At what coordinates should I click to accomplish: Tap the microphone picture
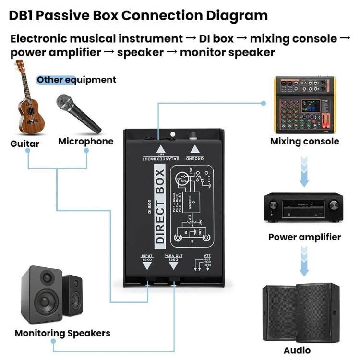[78, 113]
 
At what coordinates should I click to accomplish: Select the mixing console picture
[305, 106]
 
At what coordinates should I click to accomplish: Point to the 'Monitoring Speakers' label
[62, 333]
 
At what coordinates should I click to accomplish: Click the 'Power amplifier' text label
[304, 237]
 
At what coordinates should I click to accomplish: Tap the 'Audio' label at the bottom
[297, 350]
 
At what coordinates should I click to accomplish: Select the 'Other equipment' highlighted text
[77, 80]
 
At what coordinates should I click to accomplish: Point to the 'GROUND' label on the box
[195, 158]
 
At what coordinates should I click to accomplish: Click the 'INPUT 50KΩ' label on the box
[147, 257]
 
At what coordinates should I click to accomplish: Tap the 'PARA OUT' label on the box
[173, 257]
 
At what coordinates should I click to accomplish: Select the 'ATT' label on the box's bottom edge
[207, 256]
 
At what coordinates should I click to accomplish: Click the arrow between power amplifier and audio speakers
[303, 262]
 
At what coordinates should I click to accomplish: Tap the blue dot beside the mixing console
[263, 103]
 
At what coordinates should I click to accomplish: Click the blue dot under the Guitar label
[28, 151]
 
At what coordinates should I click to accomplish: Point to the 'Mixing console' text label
[304, 141]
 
